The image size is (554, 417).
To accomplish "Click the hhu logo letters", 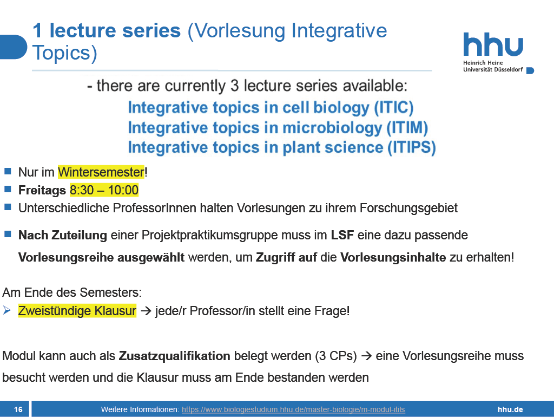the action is click(493, 44).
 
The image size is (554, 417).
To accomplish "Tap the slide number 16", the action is click(18, 409).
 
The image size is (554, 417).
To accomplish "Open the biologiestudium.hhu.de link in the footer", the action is click(293, 409).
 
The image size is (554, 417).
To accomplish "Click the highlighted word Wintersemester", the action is click(101, 172).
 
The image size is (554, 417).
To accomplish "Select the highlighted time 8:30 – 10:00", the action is click(104, 190).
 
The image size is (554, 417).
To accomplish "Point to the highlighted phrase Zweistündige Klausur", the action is click(77, 311).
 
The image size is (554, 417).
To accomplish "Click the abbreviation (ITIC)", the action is click(394, 108).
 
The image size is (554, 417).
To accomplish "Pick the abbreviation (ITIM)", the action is click(407, 128).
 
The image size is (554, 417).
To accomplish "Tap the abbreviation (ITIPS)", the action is click(412, 147).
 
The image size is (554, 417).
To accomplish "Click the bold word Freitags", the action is click(42, 190).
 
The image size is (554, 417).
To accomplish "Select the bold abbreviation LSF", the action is click(342, 235).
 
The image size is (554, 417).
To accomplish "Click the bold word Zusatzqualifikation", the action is click(175, 356).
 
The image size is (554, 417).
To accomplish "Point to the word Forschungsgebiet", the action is click(408, 208).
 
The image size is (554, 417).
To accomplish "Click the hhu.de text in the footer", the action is click(510, 409).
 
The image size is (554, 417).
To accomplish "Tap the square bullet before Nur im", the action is click(8, 172).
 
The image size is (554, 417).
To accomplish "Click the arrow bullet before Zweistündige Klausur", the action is click(6, 310).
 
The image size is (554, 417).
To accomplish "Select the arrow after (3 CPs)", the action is click(366, 356).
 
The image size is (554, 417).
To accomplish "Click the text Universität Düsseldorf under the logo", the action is click(493, 70).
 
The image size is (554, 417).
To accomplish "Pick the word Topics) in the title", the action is click(65, 53).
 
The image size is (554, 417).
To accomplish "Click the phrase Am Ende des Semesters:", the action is click(72, 292).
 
